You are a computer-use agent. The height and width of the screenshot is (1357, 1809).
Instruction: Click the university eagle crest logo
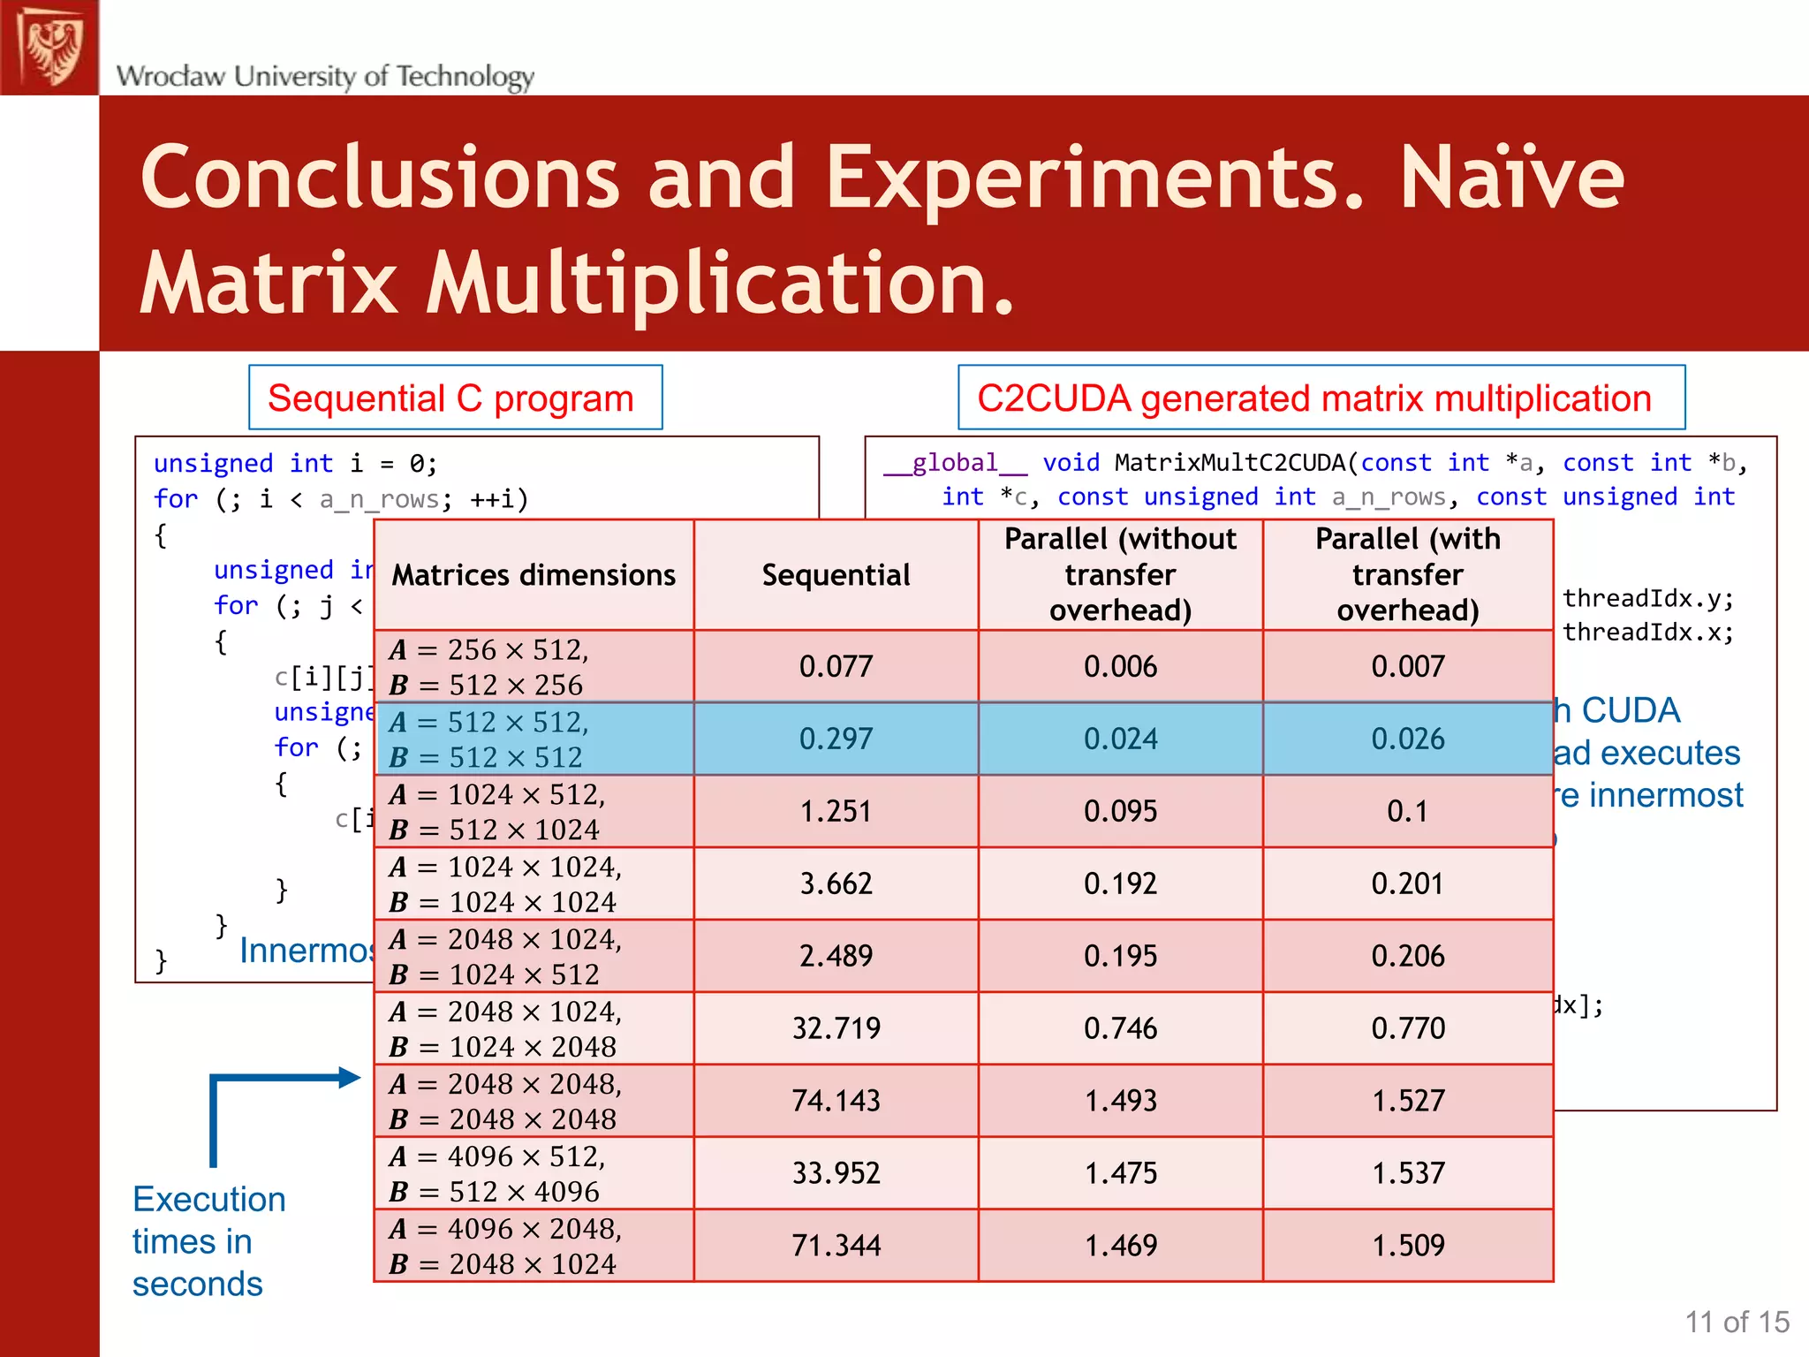tap(50, 47)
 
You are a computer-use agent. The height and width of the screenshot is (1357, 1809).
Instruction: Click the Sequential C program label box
tap(455, 398)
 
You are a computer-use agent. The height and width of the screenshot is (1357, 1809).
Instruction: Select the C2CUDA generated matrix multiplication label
tap(1321, 398)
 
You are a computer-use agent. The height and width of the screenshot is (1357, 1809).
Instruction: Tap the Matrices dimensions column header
tap(534, 575)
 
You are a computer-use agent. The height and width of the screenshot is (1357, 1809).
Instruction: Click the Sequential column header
tap(836, 575)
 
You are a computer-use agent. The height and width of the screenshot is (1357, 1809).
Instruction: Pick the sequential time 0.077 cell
tap(836, 666)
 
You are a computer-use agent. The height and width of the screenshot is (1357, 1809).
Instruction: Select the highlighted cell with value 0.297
tap(836, 739)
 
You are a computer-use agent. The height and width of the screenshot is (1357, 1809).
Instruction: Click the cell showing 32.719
tap(836, 1028)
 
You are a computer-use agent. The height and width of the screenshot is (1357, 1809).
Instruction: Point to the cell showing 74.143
tap(836, 1101)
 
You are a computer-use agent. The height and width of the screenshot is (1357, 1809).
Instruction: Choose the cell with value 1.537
tap(1408, 1173)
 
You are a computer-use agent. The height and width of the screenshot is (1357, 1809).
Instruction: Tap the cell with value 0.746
tap(1120, 1028)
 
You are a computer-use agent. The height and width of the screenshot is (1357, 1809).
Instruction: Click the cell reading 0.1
tap(1408, 811)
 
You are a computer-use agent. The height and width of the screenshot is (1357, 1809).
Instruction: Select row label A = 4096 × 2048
tap(505, 1229)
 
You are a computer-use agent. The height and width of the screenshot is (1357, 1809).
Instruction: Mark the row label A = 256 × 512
tap(488, 650)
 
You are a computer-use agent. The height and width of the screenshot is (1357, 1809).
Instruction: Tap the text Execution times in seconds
tap(208, 1241)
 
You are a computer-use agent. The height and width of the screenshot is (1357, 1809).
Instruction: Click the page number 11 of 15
tap(1736, 1322)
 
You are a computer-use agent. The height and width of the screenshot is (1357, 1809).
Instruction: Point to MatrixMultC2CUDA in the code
tap(1235, 463)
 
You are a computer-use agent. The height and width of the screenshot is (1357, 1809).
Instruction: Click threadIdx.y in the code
tap(1647, 599)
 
